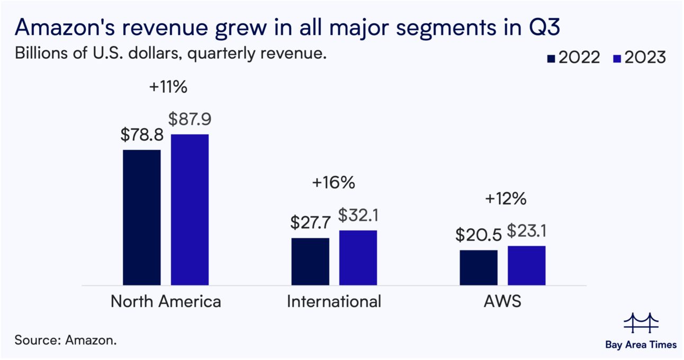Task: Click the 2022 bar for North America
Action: coord(141,218)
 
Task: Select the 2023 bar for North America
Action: coord(190,210)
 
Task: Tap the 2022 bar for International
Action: coord(310,262)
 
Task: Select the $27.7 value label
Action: coord(310,223)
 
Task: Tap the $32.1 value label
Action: coord(358,215)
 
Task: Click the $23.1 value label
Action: coord(527,231)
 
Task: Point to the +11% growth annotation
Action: coord(168,87)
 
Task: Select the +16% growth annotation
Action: coord(333,183)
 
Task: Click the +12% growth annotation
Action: coord(506,199)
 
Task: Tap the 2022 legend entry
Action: coord(574,58)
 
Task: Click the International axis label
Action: coord(334,302)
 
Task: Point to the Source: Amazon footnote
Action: coord(66,340)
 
